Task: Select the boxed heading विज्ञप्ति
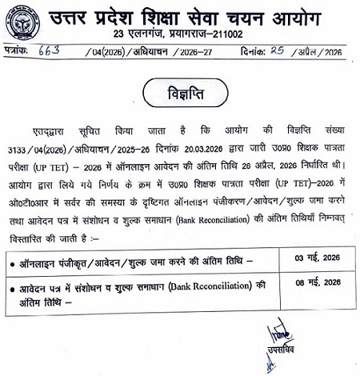point(180,87)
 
